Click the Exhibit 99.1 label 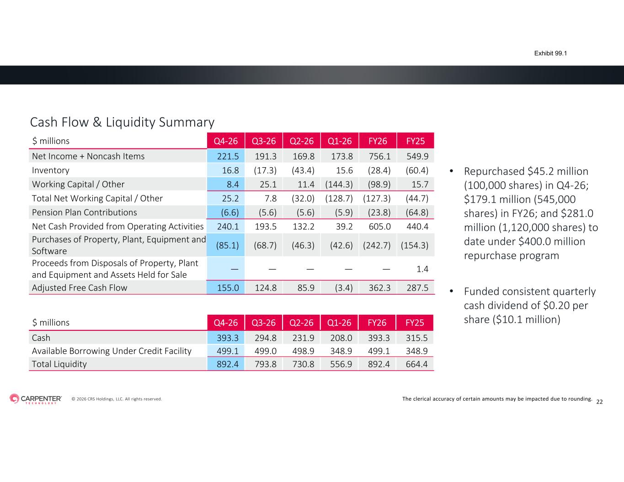pyautogui.click(x=550, y=53)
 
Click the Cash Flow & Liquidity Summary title pyautogui.click(x=123, y=122)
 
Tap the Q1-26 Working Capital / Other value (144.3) pyautogui.click(x=339, y=184)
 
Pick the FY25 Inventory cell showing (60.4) pyautogui.click(x=417, y=170)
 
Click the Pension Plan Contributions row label pyautogui.click(x=85, y=212)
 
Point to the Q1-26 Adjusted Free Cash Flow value pyautogui.click(x=344, y=288)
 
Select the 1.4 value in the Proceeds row pyautogui.click(x=422, y=269)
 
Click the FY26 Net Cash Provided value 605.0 pyautogui.click(x=379, y=227)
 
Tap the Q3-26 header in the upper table pyautogui.click(x=264, y=141)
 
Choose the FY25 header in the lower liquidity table pyautogui.click(x=414, y=323)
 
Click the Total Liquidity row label pyautogui.click(x=59, y=364)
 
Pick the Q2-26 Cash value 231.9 pyautogui.click(x=303, y=338)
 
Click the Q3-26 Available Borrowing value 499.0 pyautogui.click(x=265, y=351)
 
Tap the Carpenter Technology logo pyautogui.click(x=36, y=399)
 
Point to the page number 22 pyautogui.click(x=599, y=402)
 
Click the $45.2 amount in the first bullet pyautogui.click(x=540, y=171)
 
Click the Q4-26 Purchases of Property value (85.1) pyautogui.click(x=227, y=245)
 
